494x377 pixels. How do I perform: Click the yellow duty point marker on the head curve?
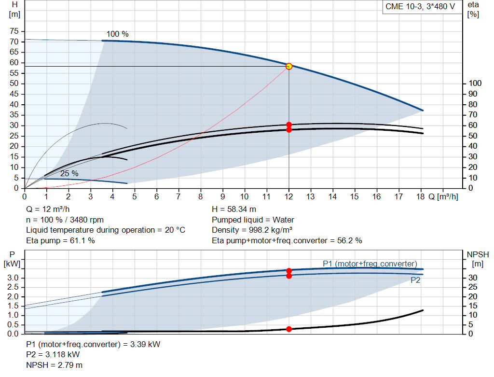click(289, 66)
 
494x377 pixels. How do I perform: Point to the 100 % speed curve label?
click(117, 34)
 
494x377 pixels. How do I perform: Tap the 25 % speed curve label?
click(69, 173)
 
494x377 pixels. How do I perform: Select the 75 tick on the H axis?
click(14, 31)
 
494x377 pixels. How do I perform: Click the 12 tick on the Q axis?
click(289, 196)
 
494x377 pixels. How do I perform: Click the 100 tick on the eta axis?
click(475, 84)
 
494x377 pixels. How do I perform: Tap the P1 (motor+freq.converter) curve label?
click(370, 264)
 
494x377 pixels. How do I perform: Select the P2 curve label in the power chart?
click(415, 280)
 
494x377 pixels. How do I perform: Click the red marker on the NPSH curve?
click(289, 329)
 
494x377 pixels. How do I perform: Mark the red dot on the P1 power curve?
click(289, 271)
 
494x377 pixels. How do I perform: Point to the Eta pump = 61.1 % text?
click(60, 240)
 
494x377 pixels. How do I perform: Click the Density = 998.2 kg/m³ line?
click(256, 230)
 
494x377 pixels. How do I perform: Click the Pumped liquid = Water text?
click(253, 220)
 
